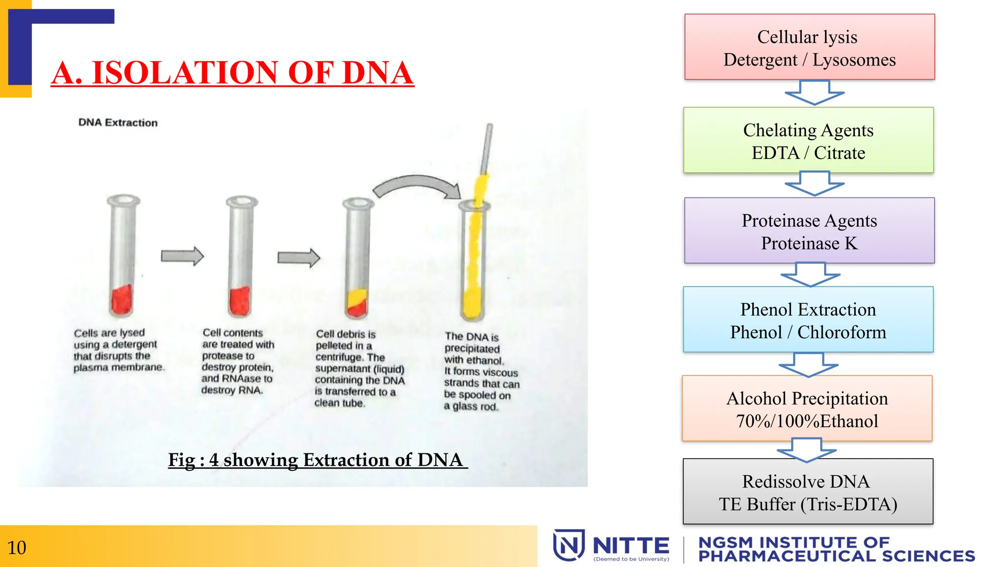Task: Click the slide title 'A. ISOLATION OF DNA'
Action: tap(232, 73)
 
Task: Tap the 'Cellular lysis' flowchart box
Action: tap(809, 47)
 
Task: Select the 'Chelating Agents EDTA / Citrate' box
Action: tap(808, 141)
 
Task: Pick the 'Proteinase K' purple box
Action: tap(809, 231)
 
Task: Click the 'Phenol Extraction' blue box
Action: tap(808, 320)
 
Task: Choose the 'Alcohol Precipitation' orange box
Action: tap(807, 409)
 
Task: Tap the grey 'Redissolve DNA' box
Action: tap(808, 492)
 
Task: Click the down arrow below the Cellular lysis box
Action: tap(814, 93)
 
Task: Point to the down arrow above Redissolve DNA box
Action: tap(806, 450)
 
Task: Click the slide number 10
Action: tap(17, 548)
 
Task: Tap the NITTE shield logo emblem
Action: tap(568, 545)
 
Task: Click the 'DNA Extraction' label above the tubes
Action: tap(118, 123)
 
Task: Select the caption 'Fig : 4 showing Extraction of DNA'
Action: tap(317, 460)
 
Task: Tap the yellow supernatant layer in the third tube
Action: tap(356, 298)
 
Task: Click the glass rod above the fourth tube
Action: tap(487, 148)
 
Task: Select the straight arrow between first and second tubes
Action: tap(182, 256)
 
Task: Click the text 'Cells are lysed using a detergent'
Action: tap(116, 339)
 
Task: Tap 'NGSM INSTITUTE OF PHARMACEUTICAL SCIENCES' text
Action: tap(836, 549)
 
